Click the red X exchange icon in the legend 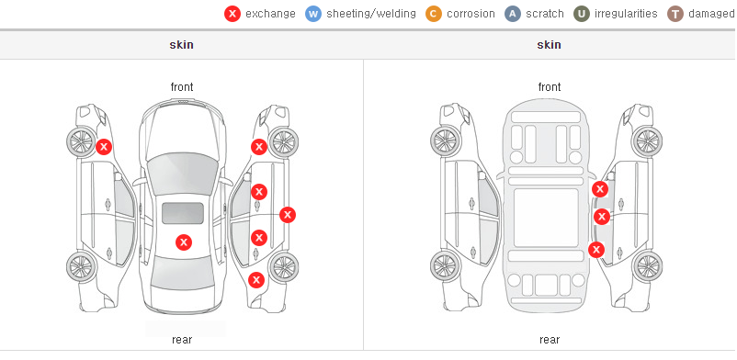click(x=232, y=14)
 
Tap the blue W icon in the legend click(x=313, y=14)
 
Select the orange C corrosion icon click(x=434, y=14)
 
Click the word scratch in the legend click(x=545, y=14)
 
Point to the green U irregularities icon click(x=582, y=14)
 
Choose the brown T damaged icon click(x=675, y=14)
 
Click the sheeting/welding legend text click(x=371, y=14)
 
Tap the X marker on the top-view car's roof click(x=184, y=242)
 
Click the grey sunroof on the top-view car click(x=183, y=213)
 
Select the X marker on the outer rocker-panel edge click(x=288, y=215)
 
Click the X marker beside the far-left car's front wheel click(x=104, y=147)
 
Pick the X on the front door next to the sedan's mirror click(x=259, y=192)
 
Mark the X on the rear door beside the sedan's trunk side click(x=259, y=238)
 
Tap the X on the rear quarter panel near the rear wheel click(x=256, y=281)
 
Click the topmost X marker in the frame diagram click(x=600, y=189)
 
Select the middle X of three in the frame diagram click(x=602, y=217)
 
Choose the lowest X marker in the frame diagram click(x=596, y=250)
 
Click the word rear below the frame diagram click(x=550, y=340)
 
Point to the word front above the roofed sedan click(x=182, y=87)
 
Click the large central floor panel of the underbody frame click(x=546, y=218)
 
